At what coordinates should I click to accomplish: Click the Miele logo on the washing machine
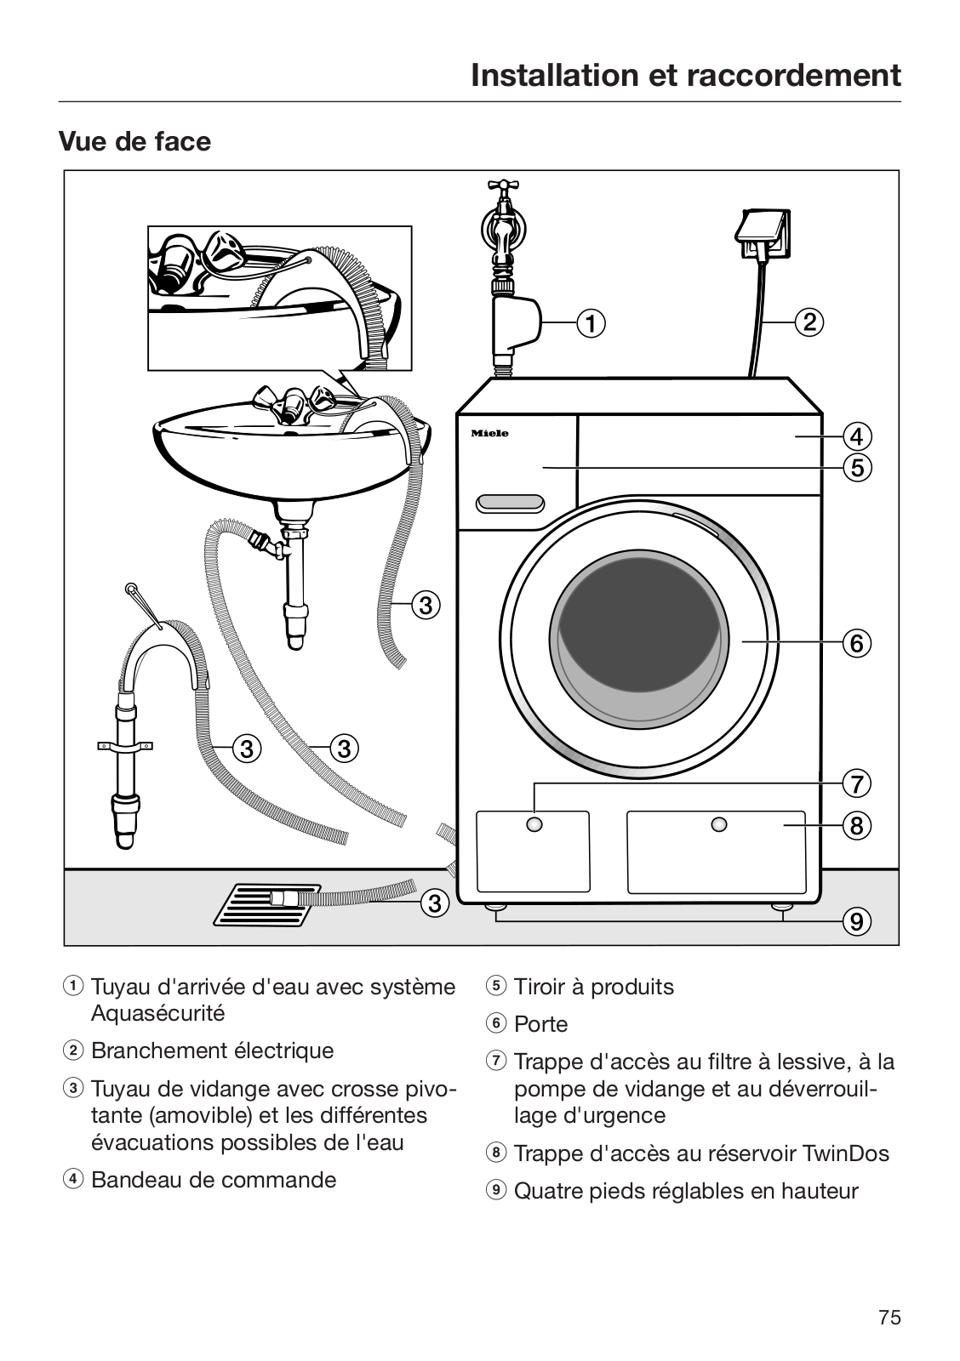(x=490, y=434)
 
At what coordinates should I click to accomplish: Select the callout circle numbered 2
(x=809, y=322)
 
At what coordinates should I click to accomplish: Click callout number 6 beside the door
(x=856, y=642)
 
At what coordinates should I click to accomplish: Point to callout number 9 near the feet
(x=856, y=921)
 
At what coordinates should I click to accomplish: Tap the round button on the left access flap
(x=534, y=824)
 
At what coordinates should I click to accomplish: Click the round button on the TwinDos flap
(x=719, y=824)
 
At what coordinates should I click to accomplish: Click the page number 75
(x=889, y=1318)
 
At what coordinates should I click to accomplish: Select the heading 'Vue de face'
(x=134, y=141)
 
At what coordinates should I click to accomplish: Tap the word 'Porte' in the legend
(x=540, y=1024)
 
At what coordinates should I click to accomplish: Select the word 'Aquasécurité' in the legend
(x=158, y=1013)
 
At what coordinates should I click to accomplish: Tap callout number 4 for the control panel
(x=856, y=436)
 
